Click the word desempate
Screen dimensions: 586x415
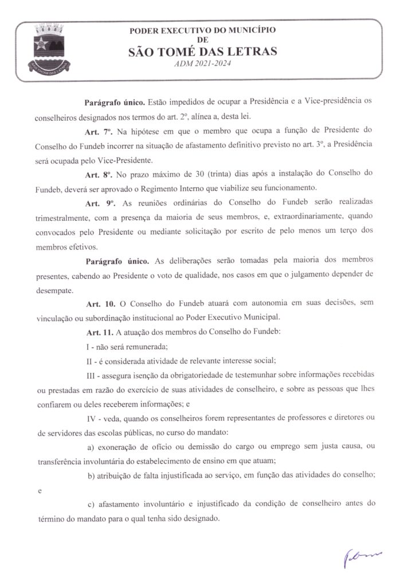point(55,290)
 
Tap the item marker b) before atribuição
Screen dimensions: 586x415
point(91,476)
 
